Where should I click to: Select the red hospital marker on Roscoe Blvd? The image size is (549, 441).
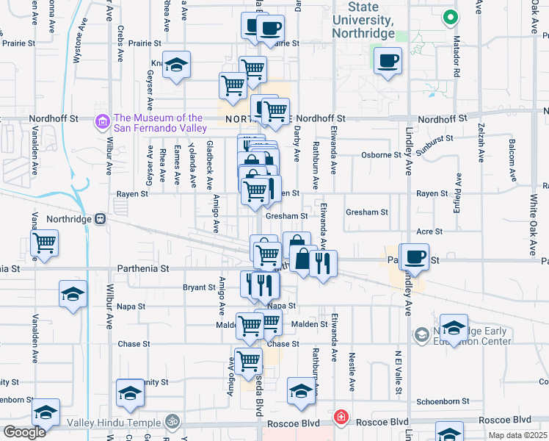(x=341, y=417)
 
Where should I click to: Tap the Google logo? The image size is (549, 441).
(x=24, y=431)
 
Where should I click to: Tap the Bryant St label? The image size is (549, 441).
(x=200, y=287)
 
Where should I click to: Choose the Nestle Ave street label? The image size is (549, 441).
(x=352, y=372)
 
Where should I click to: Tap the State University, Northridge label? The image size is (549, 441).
(x=362, y=20)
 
